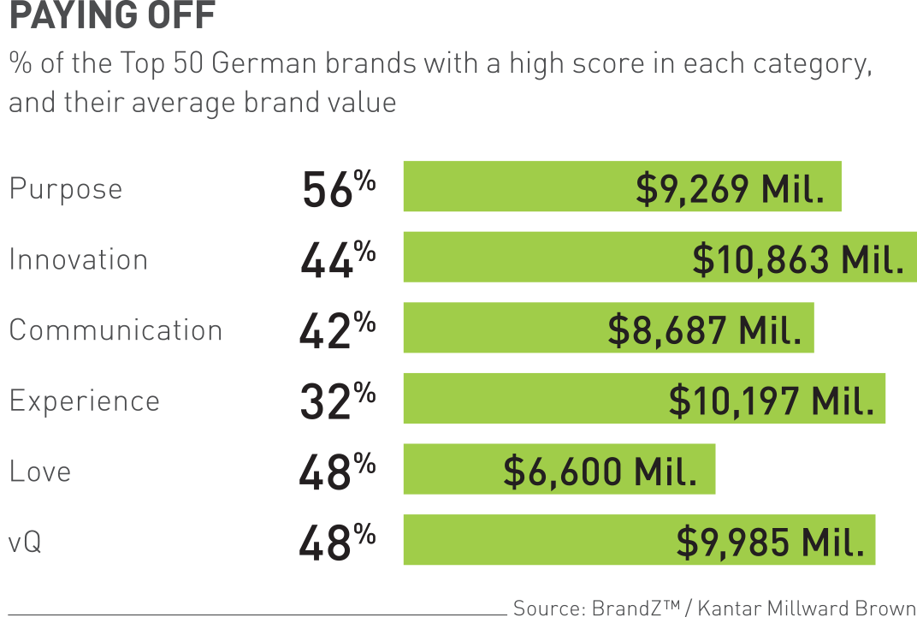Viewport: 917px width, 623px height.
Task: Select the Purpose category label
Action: coord(66,189)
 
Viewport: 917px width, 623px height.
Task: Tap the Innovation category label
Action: coord(78,260)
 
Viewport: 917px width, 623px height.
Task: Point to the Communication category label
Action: coord(115,330)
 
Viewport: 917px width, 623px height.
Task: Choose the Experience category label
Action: coord(84,401)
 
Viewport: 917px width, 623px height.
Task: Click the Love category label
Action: coord(40,472)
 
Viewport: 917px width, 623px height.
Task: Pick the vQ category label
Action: coord(26,543)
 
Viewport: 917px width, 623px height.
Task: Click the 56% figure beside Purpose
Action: coord(339,190)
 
